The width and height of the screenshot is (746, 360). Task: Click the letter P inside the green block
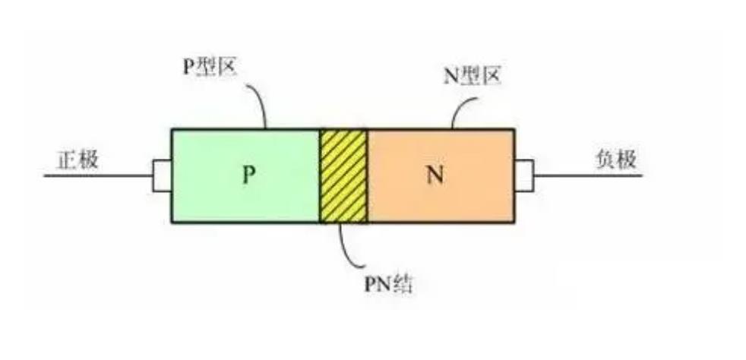coord(248,175)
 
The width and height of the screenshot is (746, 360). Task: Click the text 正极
coord(77,159)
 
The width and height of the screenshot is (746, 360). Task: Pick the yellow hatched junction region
coord(343,175)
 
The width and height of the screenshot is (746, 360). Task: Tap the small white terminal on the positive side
coord(161,175)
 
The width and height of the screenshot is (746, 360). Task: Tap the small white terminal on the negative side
coord(524,175)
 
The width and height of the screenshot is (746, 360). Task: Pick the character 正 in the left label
coord(67,159)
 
